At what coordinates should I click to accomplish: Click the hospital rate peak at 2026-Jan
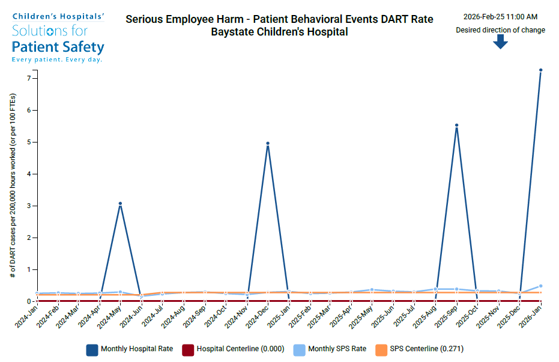tap(540, 70)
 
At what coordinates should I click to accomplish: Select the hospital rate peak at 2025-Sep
tap(456, 126)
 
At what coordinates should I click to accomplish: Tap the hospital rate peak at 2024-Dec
tap(267, 144)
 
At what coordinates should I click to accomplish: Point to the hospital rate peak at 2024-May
tap(120, 204)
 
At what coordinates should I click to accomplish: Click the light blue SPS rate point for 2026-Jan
tap(540, 286)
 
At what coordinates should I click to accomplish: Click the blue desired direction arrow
tap(500, 41)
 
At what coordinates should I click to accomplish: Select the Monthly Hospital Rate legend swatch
tap(92, 349)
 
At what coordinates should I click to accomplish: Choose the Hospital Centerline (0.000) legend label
tap(234, 349)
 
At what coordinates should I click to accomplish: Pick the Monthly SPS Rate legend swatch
tap(298, 349)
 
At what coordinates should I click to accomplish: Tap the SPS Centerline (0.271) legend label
tap(426, 349)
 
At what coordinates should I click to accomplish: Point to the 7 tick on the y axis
tap(28, 78)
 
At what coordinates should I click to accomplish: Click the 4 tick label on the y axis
tap(28, 174)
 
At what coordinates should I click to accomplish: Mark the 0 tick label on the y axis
tap(28, 301)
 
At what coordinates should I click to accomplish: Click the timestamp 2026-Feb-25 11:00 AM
tap(500, 17)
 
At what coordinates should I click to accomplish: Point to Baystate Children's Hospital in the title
tap(279, 32)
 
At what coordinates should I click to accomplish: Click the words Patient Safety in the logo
tap(58, 47)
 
